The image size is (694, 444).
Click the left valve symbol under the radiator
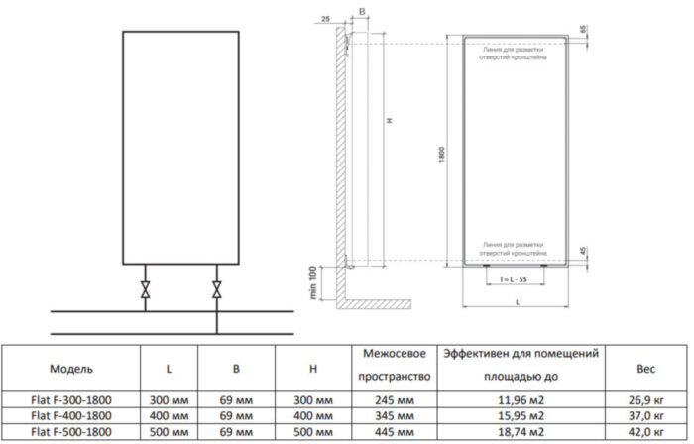pyautogui.click(x=147, y=290)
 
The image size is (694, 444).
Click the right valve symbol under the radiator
pyautogui.click(x=217, y=290)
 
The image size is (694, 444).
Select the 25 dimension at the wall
pyautogui.click(x=326, y=19)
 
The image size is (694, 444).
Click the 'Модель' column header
pyautogui.click(x=71, y=369)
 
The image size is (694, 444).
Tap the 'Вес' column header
pyautogui.click(x=645, y=369)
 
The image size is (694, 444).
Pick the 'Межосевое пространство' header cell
pyautogui.click(x=391, y=365)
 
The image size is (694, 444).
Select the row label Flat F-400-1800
pyautogui.click(x=71, y=418)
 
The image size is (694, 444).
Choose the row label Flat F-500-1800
pyautogui.click(x=71, y=433)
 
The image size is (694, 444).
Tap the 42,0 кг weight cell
pyautogui.click(x=645, y=433)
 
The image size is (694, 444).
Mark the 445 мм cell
pyautogui.click(x=391, y=433)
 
